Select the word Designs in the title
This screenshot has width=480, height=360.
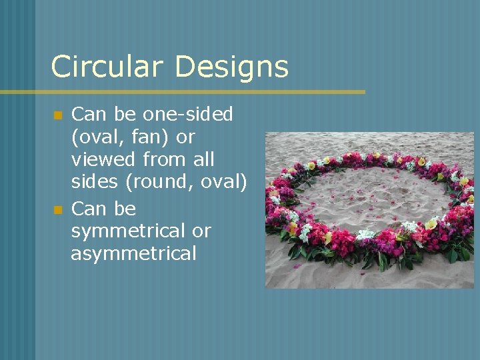(x=233, y=67)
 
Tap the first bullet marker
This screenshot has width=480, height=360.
(x=58, y=115)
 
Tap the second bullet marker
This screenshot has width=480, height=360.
(x=58, y=210)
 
